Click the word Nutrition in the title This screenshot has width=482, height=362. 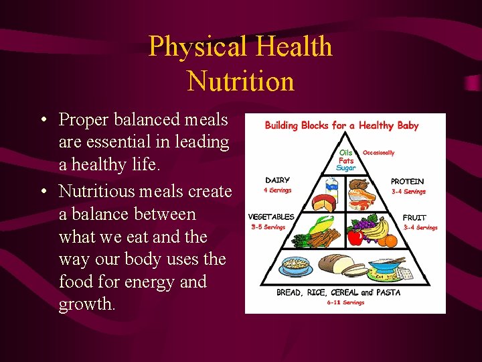coord(240,81)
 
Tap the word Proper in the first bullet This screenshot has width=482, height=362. coord(84,119)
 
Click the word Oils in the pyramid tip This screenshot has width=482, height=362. coord(346,153)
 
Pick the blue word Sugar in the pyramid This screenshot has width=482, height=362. coord(346,168)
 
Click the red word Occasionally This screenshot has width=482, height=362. coord(379,153)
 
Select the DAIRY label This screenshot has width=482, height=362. coord(277,180)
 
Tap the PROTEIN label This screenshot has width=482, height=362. coord(407,182)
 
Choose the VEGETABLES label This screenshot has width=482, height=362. coord(271,217)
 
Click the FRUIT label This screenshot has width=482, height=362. coord(414,218)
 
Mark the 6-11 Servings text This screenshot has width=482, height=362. coord(345,302)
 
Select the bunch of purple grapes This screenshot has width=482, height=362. coord(366,225)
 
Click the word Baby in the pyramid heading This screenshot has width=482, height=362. coord(407,125)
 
